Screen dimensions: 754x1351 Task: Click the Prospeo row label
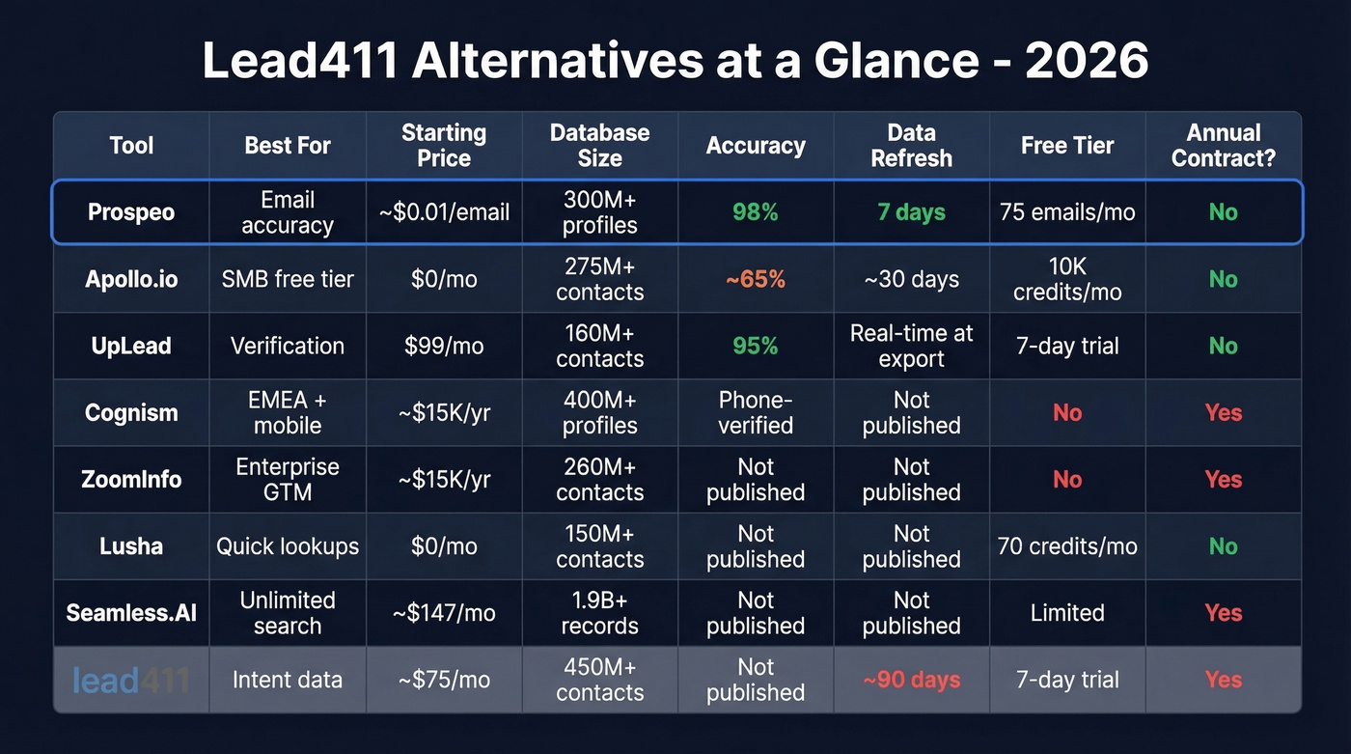point(131,212)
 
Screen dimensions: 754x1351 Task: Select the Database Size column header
point(599,146)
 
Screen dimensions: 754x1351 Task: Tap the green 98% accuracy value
point(755,212)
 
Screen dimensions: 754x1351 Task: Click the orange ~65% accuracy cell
point(755,279)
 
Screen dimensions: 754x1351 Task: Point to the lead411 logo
point(131,680)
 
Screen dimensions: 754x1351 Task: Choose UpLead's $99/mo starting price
point(444,346)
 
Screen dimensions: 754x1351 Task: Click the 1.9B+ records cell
point(599,613)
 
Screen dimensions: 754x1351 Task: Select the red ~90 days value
point(911,680)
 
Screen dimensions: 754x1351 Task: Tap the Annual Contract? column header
point(1223,146)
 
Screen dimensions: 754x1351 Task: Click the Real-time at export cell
point(911,346)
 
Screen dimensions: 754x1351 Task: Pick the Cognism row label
point(131,412)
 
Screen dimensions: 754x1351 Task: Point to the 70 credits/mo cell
point(1067,546)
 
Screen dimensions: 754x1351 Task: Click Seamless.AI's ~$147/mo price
point(444,613)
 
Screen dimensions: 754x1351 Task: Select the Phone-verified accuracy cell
point(755,412)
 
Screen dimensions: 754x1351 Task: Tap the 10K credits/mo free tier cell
point(1067,279)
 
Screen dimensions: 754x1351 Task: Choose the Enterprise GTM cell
point(288,479)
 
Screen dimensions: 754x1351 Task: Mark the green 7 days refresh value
point(911,212)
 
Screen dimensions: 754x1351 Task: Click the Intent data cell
point(288,680)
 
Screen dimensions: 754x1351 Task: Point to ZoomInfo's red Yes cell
point(1223,479)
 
